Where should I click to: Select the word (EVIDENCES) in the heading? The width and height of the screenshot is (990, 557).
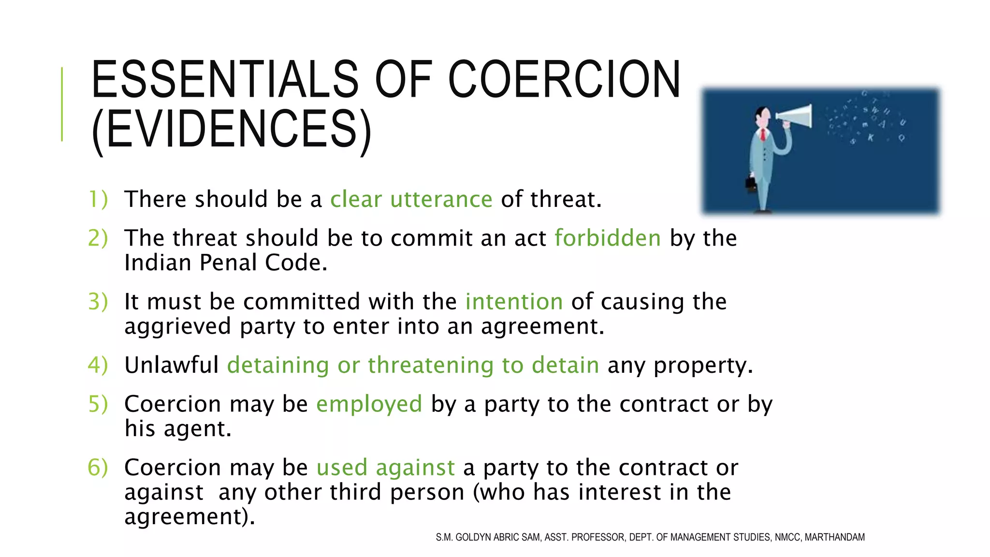[x=232, y=129]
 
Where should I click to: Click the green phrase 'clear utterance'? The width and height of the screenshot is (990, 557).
[x=411, y=199]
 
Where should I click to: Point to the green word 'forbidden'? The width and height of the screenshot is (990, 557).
[x=607, y=238]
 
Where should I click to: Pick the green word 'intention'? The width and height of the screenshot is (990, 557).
[x=514, y=302]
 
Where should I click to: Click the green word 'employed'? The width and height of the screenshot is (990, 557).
[x=369, y=404]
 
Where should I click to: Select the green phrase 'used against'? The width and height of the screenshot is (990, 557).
[x=385, y=468]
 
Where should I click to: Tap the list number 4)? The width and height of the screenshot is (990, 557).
[x=98, y=365]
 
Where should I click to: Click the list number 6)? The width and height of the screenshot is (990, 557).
[x=98, y=468]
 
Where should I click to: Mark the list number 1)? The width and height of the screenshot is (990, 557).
[x=98, y=199]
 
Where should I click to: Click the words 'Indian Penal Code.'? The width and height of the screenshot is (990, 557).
[x=226, y=263]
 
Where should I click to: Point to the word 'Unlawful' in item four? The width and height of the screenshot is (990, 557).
[x=172, y=365]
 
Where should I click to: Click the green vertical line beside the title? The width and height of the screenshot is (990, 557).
[x=62, y=104]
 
